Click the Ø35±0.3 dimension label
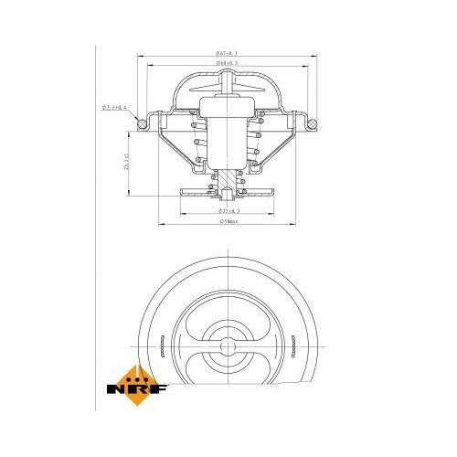click(x=228, y=210)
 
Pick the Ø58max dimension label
click(x=228, y=222)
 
